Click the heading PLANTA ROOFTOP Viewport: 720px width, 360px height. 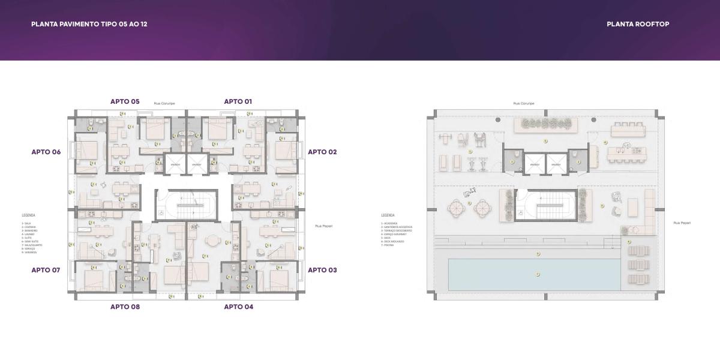pyautogui.click(x=638, y=24)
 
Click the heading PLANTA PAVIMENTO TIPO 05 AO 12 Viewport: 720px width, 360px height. pyautogui.click(x=89, y=24)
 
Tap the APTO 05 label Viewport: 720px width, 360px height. pyautogui.click(x=125, y=101)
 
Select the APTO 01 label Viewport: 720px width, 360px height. pyautogui.click(x=238, y=101)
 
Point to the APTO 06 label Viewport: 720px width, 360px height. pyautogui.click(x=46, y=152)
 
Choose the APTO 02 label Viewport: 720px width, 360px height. pyautogui.click(x=322, y=152)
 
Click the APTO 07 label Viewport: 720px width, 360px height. pyautogui.click(x=46, y=270)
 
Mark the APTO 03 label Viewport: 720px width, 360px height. pyautogui.click(x=322, y=270)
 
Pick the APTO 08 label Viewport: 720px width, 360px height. pyautogui.click(x=125, y=307)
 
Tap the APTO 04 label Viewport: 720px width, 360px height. pyautogui.click(x=238, y=307)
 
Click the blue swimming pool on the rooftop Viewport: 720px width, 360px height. pyautogui.click(x=534, y=275)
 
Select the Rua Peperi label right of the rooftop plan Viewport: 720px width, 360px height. pyautogui.click(x=682, y=223)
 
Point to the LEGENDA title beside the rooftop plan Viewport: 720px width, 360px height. pyautogui.click(x=388, y=215)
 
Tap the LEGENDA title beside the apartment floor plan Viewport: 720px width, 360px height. pyautogui.click(x=28, y=215)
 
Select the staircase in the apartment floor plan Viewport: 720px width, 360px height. pyautogui.click(x=186, y=205)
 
